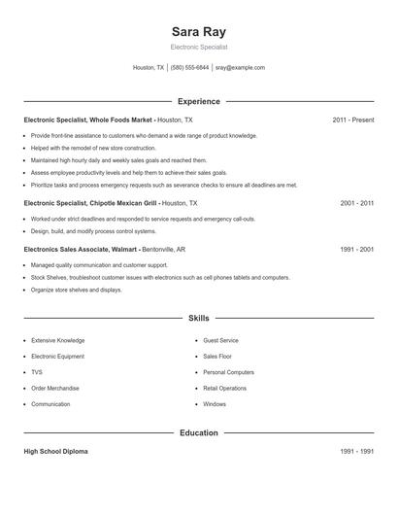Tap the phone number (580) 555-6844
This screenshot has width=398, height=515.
(189, 68)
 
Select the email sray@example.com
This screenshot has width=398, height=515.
(240, 68)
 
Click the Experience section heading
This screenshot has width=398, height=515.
(198, 101)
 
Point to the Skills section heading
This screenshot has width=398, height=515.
(198, 318)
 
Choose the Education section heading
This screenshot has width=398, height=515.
(198, 432)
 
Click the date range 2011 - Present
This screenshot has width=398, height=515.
(352, 120)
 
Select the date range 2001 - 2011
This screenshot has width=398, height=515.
(356, 203)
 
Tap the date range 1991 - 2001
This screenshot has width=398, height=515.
(356, 249)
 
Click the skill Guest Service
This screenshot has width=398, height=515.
(221, 341)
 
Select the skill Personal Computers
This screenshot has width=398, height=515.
(228, 372)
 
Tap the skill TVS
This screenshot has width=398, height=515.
(37, 372)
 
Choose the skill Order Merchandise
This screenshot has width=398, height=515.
(54, 388)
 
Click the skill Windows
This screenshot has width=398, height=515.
(215, 404)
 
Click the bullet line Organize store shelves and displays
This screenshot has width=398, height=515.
(77, 290)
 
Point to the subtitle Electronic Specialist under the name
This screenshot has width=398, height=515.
(198, 47)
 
